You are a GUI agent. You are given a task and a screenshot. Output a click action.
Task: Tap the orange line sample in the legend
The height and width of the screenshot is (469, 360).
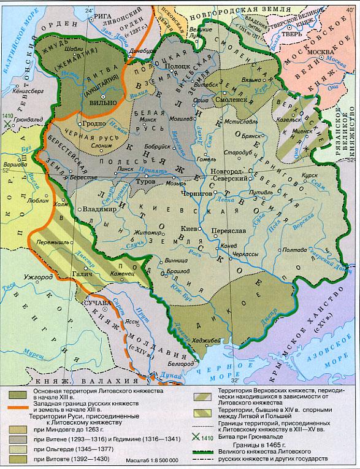click(16, 403)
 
